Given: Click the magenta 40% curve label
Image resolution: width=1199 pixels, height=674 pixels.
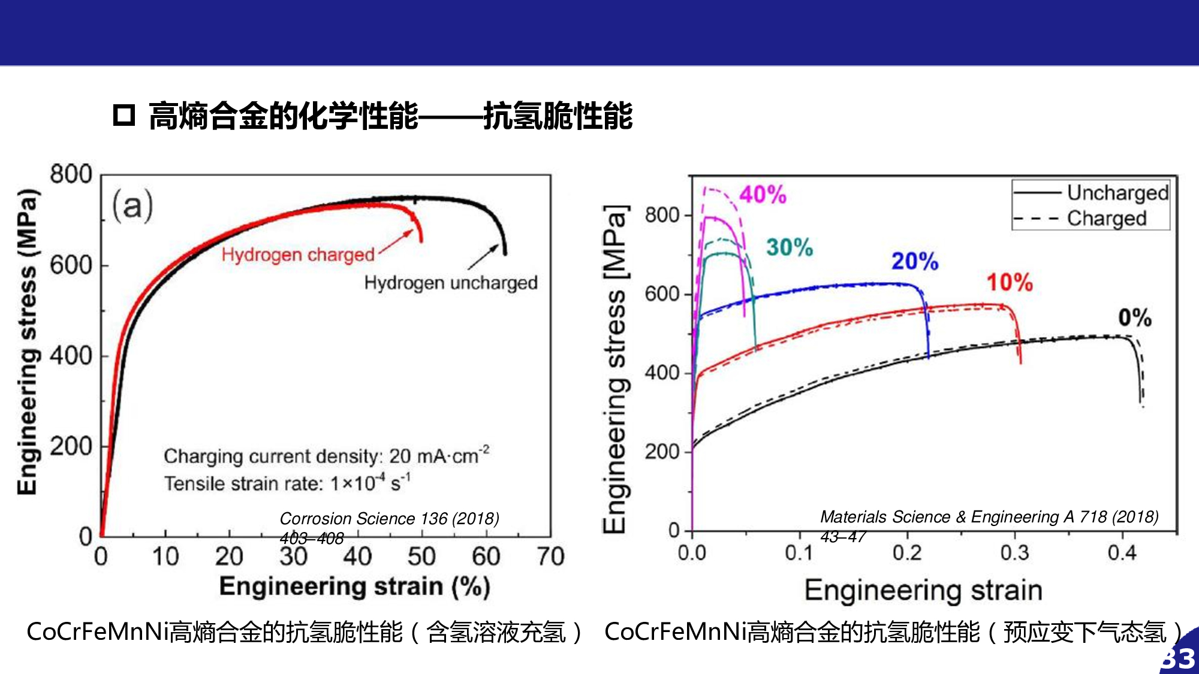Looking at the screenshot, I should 763,195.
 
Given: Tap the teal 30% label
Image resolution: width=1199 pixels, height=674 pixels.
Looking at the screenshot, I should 790,247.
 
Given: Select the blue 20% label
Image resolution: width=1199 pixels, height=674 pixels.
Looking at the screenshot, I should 915,261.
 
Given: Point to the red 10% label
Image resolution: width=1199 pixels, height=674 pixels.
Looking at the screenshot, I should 1010,282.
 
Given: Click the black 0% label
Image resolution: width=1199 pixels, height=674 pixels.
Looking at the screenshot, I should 1135,318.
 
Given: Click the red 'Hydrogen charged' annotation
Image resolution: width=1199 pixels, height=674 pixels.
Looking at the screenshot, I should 298,255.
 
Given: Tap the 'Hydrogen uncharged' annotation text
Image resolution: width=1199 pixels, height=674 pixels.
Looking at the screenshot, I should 451,283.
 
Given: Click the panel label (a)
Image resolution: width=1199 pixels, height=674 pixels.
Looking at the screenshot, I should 132,205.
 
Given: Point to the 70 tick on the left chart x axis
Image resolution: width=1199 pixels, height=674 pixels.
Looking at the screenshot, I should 550,557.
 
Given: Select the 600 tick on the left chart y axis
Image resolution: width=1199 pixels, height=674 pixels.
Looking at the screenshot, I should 71,265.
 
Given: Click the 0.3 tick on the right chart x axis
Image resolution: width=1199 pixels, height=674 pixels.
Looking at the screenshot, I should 1014,552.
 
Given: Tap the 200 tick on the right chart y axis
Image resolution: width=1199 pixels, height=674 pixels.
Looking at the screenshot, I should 662,452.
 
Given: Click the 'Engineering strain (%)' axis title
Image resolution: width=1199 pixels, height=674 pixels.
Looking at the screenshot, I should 355,587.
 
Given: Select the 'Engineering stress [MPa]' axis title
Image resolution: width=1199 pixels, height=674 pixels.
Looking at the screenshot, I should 615,368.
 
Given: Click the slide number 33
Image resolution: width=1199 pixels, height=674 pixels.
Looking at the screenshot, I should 1179,658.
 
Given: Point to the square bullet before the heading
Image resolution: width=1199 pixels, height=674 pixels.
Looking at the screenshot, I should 124,114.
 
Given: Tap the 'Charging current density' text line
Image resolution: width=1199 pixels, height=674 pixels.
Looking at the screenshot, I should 326,456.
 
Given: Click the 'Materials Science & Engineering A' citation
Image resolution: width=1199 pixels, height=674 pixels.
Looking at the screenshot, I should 989,517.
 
